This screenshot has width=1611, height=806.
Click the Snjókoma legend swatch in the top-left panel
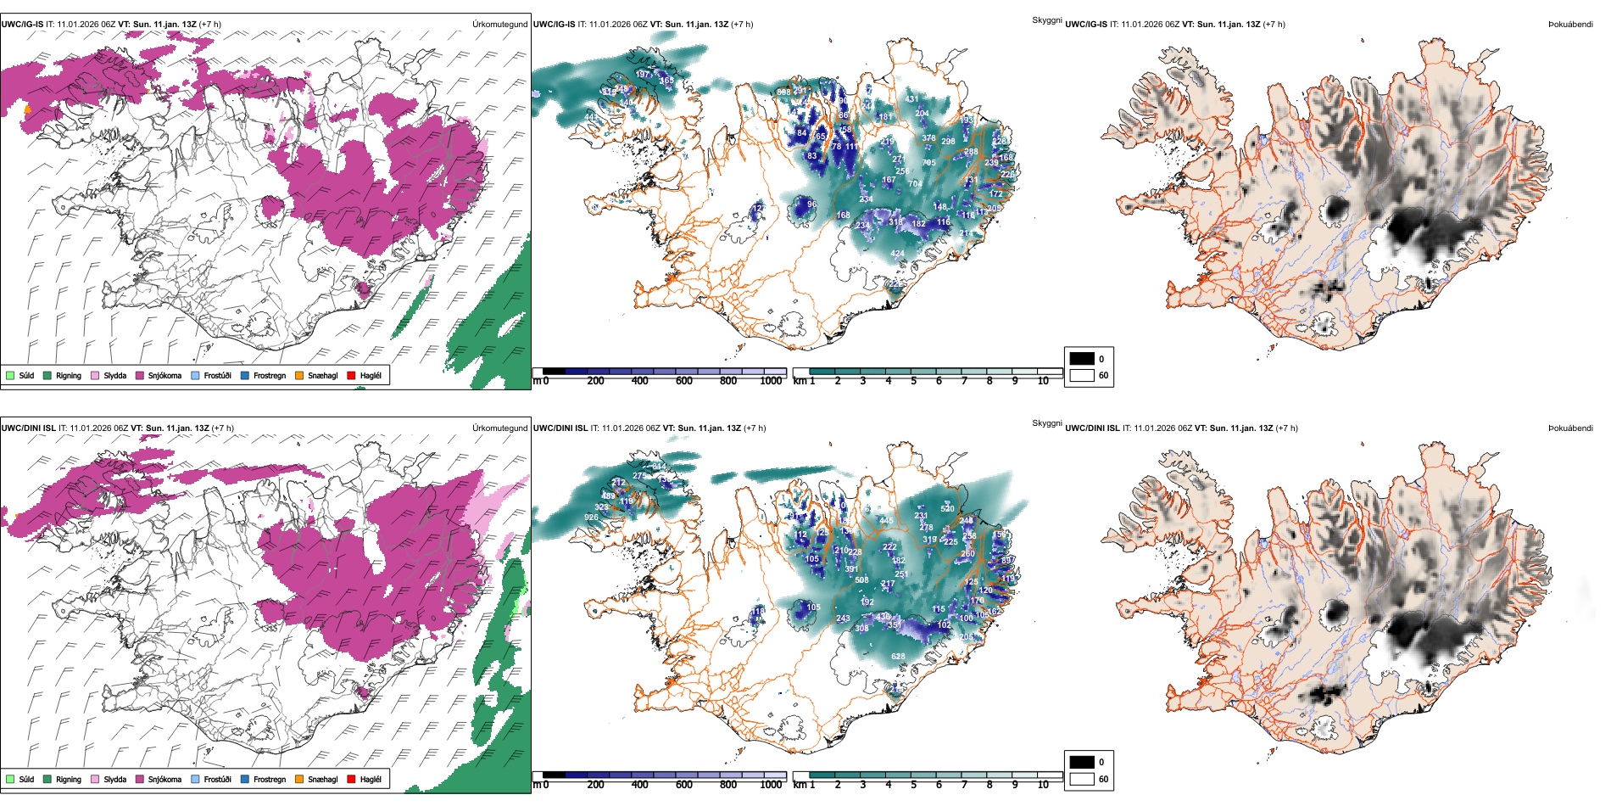pos(140,375)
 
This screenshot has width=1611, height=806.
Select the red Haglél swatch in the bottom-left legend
pos(351,779)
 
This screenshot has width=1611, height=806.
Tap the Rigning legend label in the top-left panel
pos(69,375)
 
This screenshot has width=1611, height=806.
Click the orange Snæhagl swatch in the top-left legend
pos(299,375)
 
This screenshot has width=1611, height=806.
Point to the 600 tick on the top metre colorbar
pos(683,381)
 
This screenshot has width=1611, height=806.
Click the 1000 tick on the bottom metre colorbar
pos(771,785)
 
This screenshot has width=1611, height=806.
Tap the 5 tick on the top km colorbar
pos(913,381)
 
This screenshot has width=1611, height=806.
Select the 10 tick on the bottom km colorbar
pos(1043,785)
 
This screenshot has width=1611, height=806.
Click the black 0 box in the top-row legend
pos(1082,359)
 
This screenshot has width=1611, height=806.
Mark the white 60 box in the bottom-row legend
pos(1082,779)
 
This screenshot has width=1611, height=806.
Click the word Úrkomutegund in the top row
pos(499,24)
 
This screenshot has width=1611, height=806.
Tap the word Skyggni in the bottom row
pos(1046,423)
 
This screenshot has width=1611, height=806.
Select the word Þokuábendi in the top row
pos(1570,24)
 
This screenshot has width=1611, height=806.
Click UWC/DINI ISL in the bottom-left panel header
pos(28,428)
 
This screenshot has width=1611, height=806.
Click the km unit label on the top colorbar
pos(799,381)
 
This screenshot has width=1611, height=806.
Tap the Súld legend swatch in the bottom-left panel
pos(10,779)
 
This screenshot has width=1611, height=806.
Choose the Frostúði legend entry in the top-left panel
pos(217,375)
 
